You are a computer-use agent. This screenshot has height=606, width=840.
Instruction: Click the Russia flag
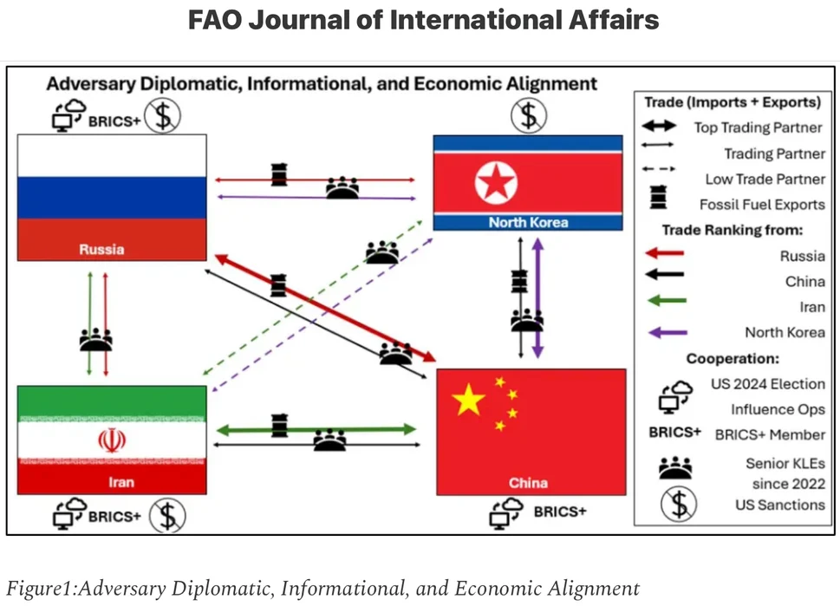pyautogui.click(x=112, y=196)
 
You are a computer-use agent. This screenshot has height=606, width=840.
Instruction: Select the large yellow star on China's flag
pyautogui.click(x=469, y=400)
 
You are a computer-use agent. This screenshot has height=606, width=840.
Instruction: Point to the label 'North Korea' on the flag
pyautogui.click(x=528, y=223)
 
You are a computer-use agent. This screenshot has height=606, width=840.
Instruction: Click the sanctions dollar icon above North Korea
pyautogui.click(x=528, y=114)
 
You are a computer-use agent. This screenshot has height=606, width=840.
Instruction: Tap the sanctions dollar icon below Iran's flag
pyautogui.click(x=166, y=517)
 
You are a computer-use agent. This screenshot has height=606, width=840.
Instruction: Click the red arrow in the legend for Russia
pyautogui.click(x=662, y=255)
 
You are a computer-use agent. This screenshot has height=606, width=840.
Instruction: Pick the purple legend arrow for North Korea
pyautogui.click(x=662, y=332)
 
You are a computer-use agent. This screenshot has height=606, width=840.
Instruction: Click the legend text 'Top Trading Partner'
pyautogui.click(x=758, y=127)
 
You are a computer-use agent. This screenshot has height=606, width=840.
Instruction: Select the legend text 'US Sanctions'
pyautogui.click(x=778, y=505)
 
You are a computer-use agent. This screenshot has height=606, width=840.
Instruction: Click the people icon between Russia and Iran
pyautogui.click(x=96, y=338)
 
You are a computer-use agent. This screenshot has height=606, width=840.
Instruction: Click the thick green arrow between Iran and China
pyautogui.click(x=316, y=429)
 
